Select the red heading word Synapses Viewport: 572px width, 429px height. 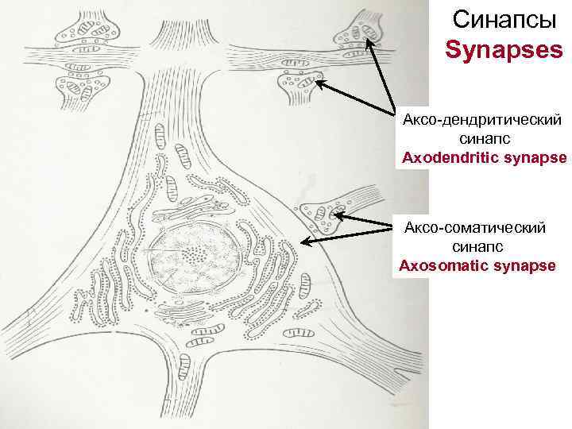pyautogui.click(x=503, y=51)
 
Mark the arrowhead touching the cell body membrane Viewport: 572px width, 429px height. pyautogui.click(x=306, y=240)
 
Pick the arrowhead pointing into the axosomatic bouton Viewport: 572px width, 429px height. pyautogui.click(x=336, y=214)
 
